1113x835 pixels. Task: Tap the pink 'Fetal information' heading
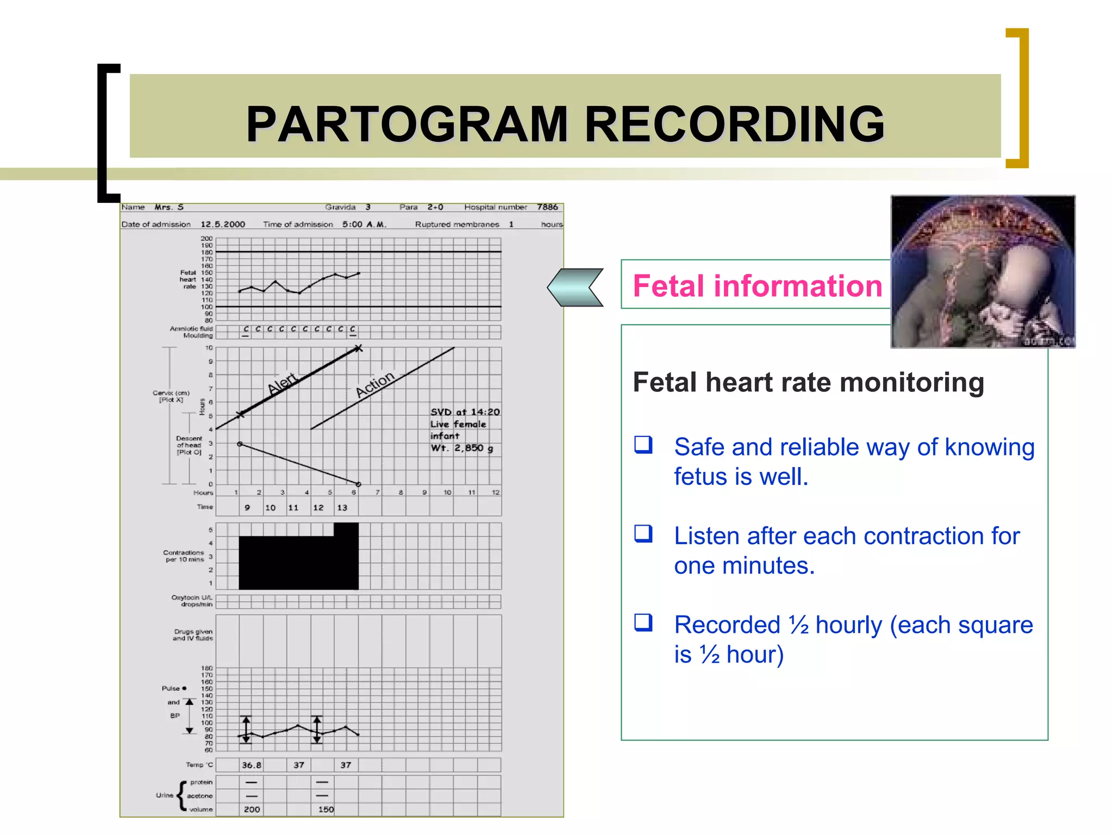tap(757, 286)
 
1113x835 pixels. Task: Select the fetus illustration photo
tap(983, 272)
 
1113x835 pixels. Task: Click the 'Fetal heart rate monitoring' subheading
tap(808, 382)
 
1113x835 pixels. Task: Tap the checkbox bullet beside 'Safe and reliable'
tap(643, 445)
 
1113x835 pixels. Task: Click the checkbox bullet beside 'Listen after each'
tap(643, 534)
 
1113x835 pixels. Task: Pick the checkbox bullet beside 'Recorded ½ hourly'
tap(643, 622)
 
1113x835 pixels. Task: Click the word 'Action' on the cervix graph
tap(375, 384)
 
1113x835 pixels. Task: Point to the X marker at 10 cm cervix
tap(358, 348)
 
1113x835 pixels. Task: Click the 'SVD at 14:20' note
tap(465, 412)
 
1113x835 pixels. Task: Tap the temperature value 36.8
tap(251, 765)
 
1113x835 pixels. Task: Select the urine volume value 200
tap(251, 809)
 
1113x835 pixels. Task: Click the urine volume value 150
tap(326, 809)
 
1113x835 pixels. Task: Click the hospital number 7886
tap(547, 207)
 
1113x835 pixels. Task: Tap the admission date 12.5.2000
tap(223, 224)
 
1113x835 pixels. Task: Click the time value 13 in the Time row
tap(342, 508)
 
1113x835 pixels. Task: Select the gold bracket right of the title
tap(1018, 98)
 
